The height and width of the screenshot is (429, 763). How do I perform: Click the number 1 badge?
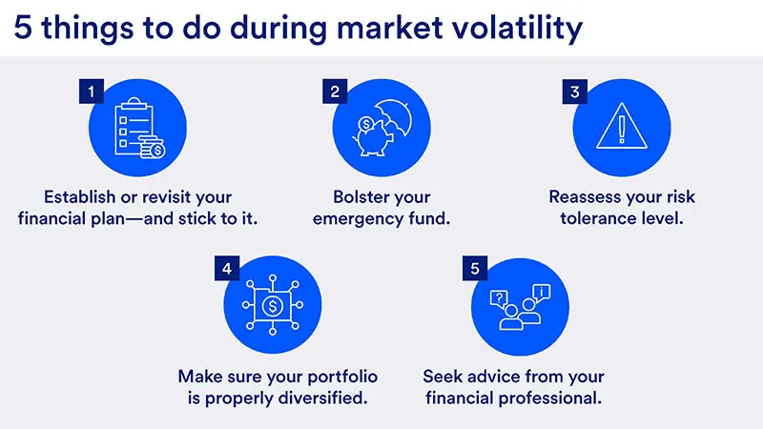click(91, 92)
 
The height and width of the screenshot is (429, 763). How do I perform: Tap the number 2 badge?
click(335, 92)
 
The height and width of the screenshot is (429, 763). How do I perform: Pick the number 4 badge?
click(226, 269)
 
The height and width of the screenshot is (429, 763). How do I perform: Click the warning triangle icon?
click(621, 128)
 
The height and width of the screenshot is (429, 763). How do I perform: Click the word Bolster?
click(361, 198)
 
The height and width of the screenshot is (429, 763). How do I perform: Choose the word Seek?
click(444, 376)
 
